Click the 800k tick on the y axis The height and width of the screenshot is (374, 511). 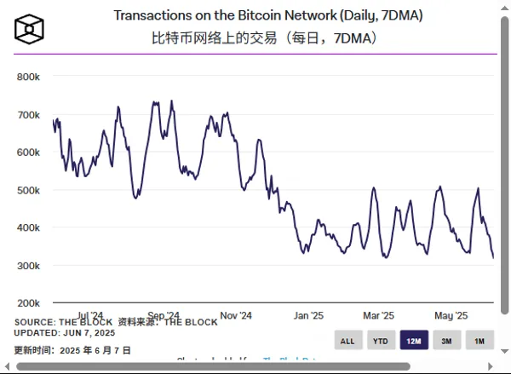coord(28,77)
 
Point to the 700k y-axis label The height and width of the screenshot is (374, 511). coord(28,114)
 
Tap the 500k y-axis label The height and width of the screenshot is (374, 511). coord(28,190)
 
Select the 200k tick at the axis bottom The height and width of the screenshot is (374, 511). coord(28,302)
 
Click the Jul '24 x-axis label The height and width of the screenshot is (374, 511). coord(89,314)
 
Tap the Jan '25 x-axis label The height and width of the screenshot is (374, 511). coord(307,314)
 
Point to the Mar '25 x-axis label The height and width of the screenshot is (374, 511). coord(378,314)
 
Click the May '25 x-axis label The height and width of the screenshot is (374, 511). coord(451,314)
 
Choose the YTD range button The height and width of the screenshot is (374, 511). coord(380,341)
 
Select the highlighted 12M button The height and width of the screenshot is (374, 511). coord(414,341)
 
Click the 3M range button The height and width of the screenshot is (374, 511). coord(446,341)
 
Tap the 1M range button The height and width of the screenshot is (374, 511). coord(479,341)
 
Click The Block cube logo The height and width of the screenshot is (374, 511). coord(29,28)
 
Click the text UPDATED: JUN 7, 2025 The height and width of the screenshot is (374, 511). coord(65,332)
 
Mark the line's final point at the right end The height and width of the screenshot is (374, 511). coord(493,257)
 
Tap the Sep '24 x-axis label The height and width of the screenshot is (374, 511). coord(163,314)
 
